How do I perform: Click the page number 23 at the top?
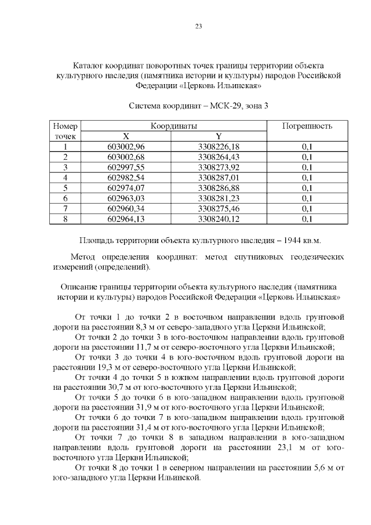pos(199,26)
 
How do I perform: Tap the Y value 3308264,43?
pos(219,157)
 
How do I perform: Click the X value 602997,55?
pos(126,167)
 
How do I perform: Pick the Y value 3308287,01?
pos(219,178)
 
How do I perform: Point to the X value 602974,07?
pos(126,188)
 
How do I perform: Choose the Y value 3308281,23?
pos(219,198)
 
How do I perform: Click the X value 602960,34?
pos(126,208)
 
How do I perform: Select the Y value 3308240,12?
pos(219,219)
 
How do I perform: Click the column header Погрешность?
pos(307,126)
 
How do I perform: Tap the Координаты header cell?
pos(173,126)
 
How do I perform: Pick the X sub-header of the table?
pos(126,136)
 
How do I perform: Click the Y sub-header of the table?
pos(219,136)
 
